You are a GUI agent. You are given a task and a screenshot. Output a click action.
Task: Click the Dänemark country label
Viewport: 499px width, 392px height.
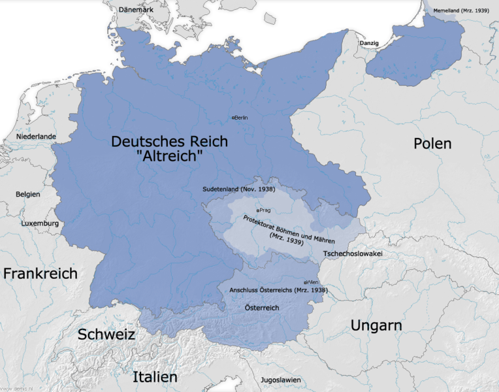coord(136,10)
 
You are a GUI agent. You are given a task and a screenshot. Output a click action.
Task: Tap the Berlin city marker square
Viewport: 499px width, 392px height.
coord(234,118)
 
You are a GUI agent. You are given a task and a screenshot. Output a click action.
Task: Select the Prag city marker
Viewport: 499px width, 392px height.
coord(259,210)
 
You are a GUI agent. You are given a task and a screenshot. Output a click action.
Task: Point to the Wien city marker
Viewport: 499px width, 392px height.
coord(306,282)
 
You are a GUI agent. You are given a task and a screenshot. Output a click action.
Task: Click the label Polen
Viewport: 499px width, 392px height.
coord(432,143)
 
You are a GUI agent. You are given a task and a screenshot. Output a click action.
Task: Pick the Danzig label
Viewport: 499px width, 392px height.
coord(369,43)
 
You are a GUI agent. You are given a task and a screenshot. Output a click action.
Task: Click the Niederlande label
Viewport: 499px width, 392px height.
coord(37,137)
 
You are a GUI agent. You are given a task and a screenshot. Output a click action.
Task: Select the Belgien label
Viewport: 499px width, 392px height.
coord(28,194)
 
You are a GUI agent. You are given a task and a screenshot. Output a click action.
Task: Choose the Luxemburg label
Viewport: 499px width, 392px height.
coord(40,223)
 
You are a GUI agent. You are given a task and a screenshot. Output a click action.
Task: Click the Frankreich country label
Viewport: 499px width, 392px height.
coord(40,273)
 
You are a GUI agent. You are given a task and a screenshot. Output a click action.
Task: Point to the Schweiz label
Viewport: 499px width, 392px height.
coord(106,335)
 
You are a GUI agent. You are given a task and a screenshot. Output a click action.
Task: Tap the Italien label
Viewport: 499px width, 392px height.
coord(155,377)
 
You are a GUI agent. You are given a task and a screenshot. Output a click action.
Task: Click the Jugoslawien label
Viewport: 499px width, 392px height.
coord(280,380)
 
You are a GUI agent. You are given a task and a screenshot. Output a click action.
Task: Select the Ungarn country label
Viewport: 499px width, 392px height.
coord(376,325)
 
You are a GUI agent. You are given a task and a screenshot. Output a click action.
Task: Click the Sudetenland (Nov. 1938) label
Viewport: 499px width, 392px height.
coord(238,189)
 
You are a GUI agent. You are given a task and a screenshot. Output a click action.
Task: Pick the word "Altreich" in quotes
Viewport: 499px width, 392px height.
coord(169,157)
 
